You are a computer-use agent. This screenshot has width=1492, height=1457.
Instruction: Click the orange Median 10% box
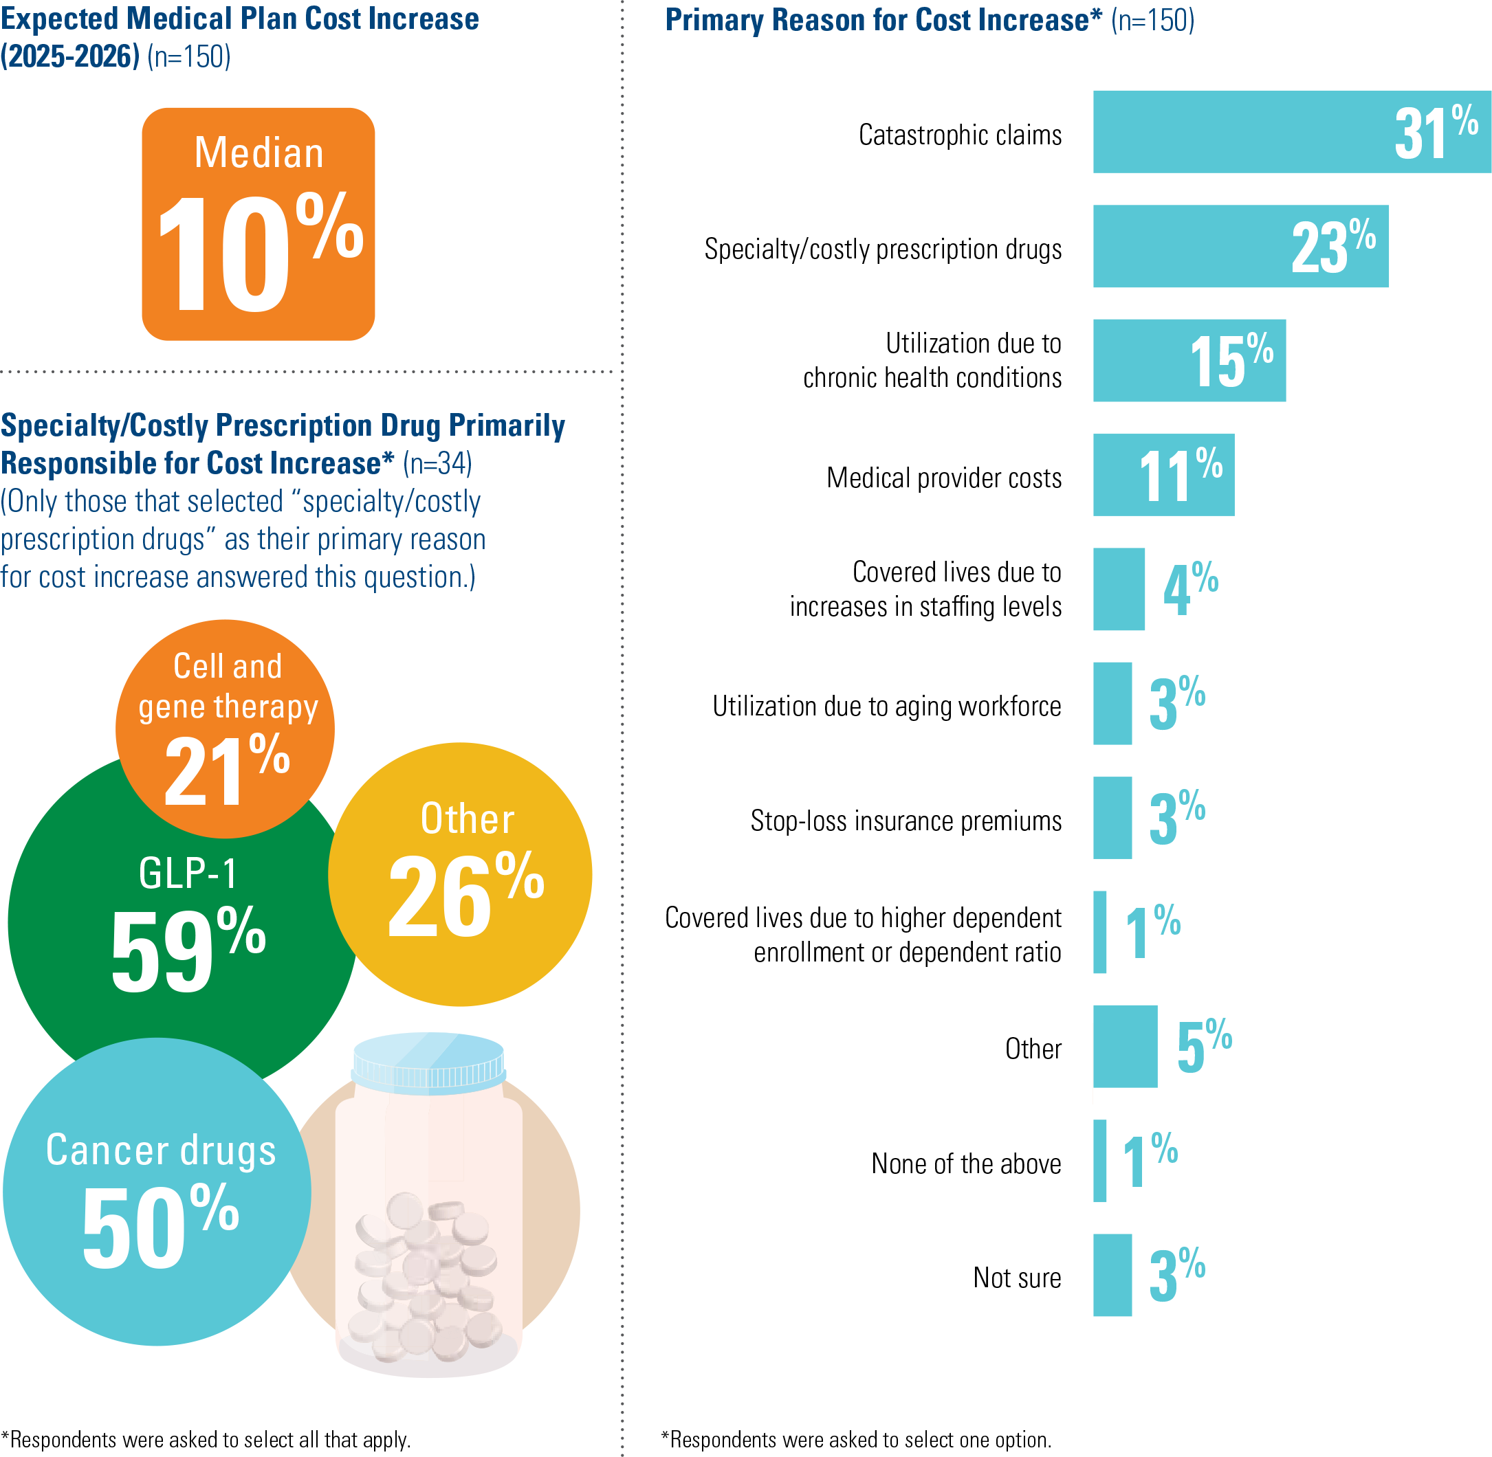258,223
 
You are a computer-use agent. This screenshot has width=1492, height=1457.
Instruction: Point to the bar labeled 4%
1119,589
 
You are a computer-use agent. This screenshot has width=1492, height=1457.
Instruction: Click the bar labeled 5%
1125,1046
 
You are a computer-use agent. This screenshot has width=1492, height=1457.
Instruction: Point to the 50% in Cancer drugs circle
160,1226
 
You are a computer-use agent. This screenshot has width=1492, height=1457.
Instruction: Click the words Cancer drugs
161,1151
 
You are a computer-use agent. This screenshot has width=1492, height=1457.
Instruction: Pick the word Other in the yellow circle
467,819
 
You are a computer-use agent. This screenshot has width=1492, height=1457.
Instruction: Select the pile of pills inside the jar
426,1274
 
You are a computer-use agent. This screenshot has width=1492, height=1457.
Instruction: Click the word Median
259,153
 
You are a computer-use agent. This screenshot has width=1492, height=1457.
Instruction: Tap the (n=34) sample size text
437,463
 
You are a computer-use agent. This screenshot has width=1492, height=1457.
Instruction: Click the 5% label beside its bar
1204,1045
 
